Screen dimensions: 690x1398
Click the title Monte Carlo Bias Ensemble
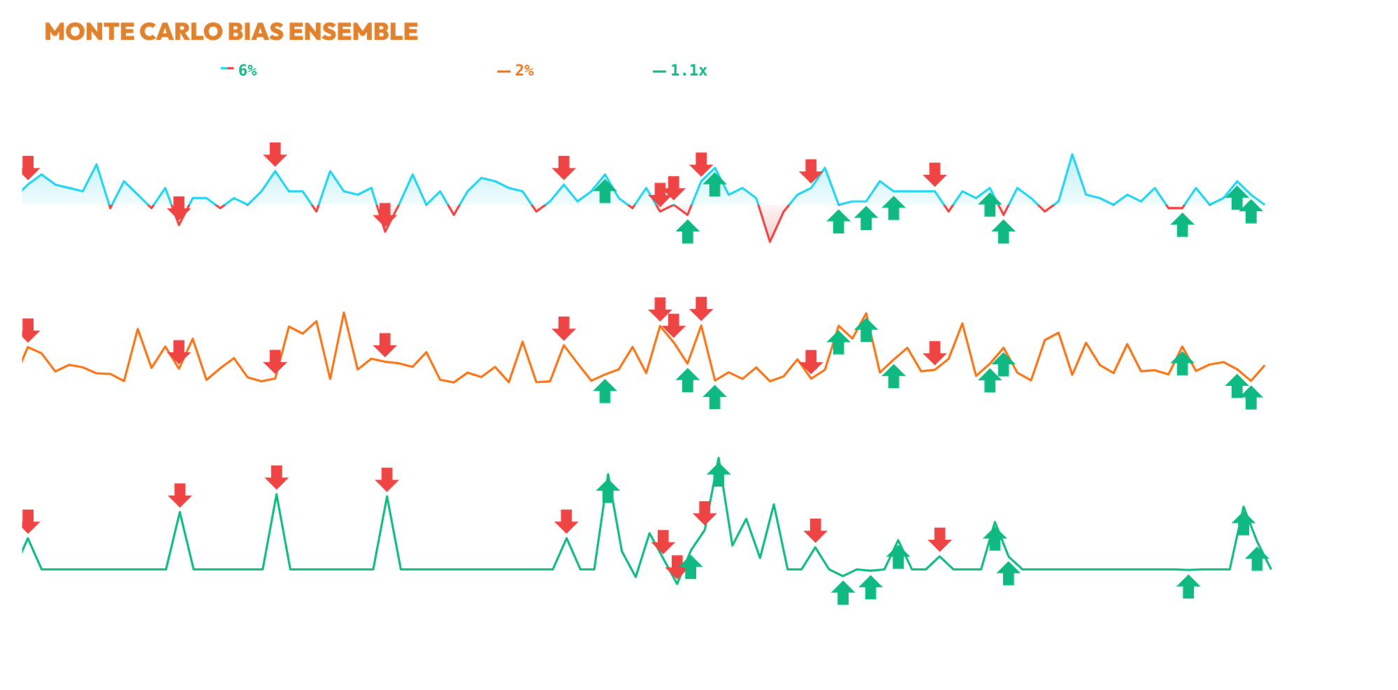[231, 31]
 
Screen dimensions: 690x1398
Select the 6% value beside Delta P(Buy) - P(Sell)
[247, 70]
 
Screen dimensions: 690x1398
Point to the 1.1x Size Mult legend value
[689, 70]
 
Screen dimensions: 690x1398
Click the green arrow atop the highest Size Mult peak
[718, 470]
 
